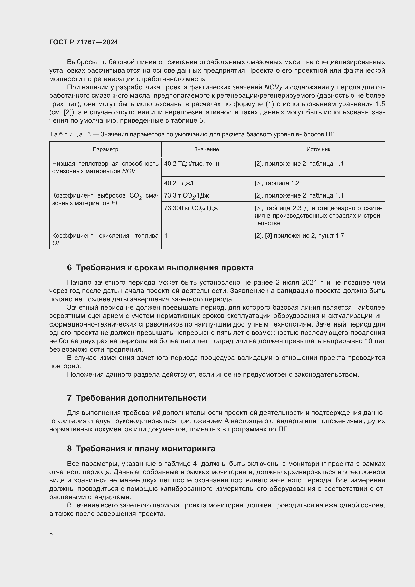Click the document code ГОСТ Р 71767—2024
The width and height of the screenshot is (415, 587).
click(84, 42)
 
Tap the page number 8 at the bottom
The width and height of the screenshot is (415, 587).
click(51, 534)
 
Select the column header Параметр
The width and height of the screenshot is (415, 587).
click(105, 149)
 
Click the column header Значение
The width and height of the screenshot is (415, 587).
click(206, 149)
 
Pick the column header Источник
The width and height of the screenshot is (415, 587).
click(318, 149)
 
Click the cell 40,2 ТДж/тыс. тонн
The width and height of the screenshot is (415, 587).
click(191, 164)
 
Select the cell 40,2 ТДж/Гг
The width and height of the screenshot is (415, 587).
click(181, 183)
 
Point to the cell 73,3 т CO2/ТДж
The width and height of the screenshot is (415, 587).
click(186, 196)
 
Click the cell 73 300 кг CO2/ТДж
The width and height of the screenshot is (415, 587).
click(191, 208)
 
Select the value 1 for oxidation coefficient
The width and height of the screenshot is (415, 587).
click(166, 236)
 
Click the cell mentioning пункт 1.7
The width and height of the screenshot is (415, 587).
click(299, 236)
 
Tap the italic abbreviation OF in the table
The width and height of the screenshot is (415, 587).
click(57, 243)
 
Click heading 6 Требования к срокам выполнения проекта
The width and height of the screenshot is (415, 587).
click(160, 268)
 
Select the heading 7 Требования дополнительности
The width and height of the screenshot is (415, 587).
click(137, 398)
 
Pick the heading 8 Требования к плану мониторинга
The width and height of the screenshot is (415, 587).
click(141, 449)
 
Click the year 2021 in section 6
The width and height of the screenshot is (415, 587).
click(309, 283)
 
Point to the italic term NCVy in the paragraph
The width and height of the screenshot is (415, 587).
click(273, 87)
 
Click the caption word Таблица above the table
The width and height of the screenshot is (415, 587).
click(66, 135)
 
